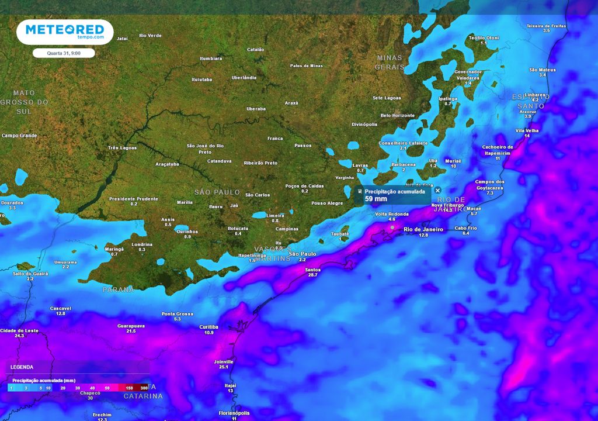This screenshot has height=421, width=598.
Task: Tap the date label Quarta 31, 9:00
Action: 64,53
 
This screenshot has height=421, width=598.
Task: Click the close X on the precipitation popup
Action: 437,191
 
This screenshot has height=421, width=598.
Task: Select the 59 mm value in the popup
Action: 377,199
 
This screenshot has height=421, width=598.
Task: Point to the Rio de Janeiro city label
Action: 423,229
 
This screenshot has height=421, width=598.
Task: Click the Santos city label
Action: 312,270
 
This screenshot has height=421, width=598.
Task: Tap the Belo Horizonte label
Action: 397,115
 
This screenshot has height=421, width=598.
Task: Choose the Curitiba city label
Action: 208,326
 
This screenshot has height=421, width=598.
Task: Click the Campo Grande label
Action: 19,136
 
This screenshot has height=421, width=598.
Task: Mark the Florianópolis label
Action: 234,413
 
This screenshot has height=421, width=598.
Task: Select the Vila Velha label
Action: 527,130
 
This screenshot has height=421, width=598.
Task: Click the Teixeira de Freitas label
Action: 546,26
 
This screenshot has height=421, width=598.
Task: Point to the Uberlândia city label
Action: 244,77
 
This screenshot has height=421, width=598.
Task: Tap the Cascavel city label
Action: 61,308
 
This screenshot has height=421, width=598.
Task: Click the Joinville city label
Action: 224,361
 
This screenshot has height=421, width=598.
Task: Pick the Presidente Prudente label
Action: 134,199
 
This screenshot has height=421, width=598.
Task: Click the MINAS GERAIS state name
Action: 390,62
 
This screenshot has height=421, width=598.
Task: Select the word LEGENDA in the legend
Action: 22,367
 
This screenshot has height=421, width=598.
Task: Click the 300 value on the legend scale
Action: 144,388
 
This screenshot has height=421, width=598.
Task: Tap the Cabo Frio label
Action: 465,227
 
